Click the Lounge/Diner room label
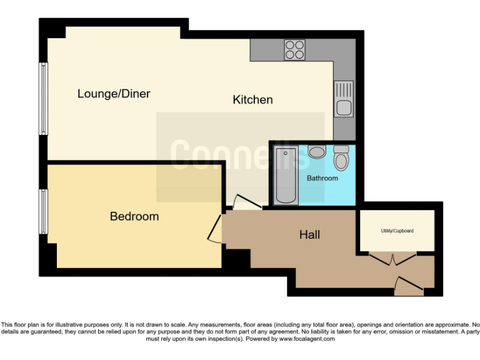pyautogui.click(x=114, y=94)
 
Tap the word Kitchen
pyautogui.click(x=252, y=99)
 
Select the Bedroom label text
pyautogui.click(x=134, y=216)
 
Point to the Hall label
pyautogui.click(x=309, y=234)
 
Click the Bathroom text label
pyautogui.click(x=322, y=178)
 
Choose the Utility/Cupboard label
pyautogui.click(x=397, y=231)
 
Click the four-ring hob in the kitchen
pyautogui.click(x=294, y=49)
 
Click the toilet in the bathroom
pyautogui.click(x=341, y=159)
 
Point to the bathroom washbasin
pyautogui.click(x=317, y=152)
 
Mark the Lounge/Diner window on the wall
pyautogui.click(x=44, y=98)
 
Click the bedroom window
pyautogui.click(x=44, y=211)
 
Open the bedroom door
pyautogui.click(x=216, y=229)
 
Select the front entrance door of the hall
pyautogui.click(x=409, y=287)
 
